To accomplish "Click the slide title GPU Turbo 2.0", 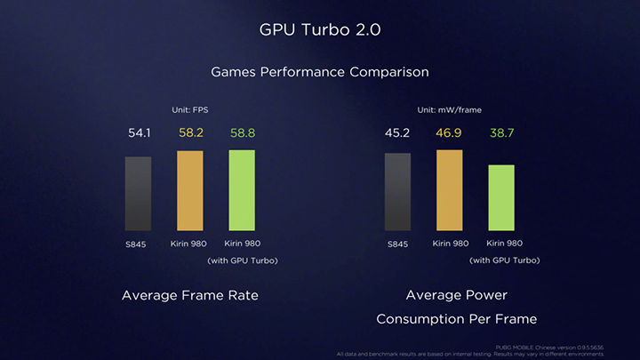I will click(x=319, y=30).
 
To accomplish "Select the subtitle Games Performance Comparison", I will click(x=319, y=71).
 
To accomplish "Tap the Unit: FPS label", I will click(x=188, y=109).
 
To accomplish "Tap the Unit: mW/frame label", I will click(x=451, y=109).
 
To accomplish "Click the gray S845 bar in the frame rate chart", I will click(x=138, y=194).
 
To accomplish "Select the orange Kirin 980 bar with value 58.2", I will click(x=189, y=190).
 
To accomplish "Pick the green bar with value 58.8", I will click(x=241, y=189).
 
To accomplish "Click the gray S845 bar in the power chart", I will click(x=397, y=191).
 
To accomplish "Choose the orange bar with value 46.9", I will click(x=449, y=189).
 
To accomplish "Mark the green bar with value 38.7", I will click(x=500, y=197).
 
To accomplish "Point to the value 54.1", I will click(x=139, y=134).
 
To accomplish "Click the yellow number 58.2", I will click(x=191, y=134).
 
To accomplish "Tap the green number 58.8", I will click(x=242, y=134).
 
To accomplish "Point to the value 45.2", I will click(x=397, y=134).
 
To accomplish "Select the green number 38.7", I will click(x=501, y=134).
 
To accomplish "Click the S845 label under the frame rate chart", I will click(x=137, y=244).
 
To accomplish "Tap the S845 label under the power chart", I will click(x=396, y=244).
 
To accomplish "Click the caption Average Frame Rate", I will click(x=190, y=295).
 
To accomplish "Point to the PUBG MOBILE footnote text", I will click(x=554, y=347).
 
